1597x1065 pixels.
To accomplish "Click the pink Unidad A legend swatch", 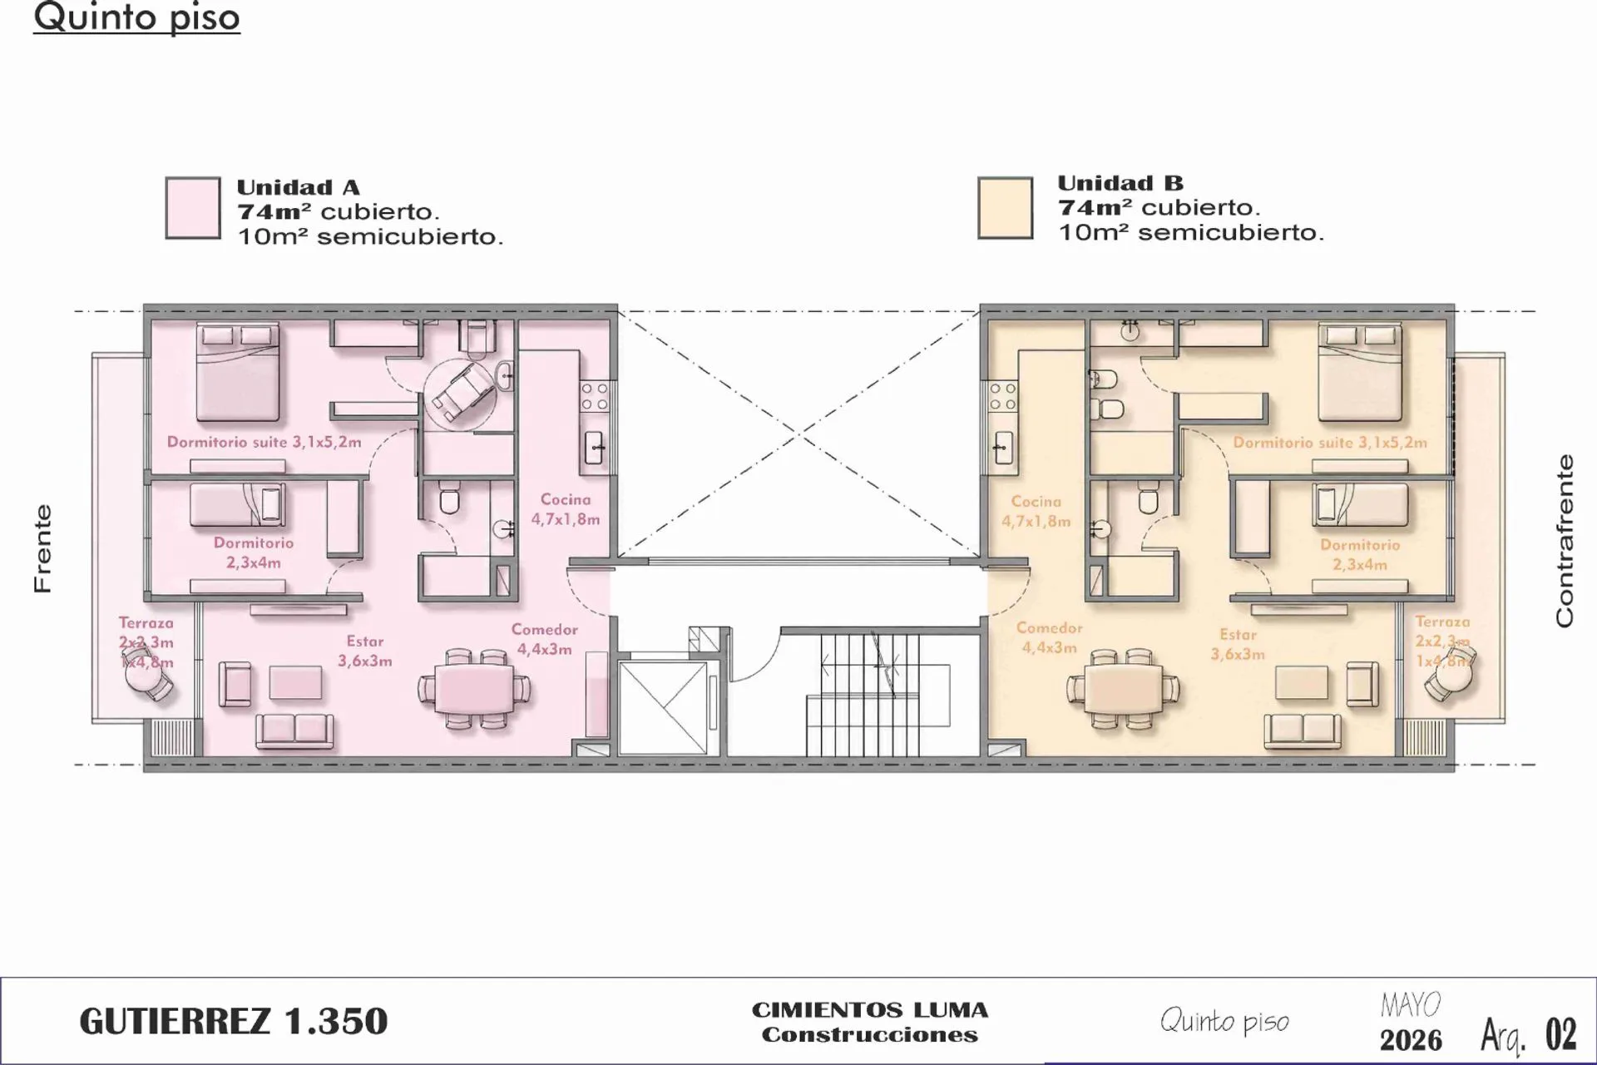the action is tap(193, 208).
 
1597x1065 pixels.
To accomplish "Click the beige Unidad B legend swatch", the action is tap(1005, 208).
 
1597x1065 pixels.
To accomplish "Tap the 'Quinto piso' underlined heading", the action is tap(136, 17).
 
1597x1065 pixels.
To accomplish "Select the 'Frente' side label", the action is tap(42, 548).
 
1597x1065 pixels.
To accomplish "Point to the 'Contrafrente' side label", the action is tap(1565, 541).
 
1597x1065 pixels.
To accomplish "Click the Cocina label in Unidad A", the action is tap(566, 509).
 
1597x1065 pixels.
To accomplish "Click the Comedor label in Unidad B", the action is tap(1050, 637).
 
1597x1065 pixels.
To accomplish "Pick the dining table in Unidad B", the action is tap(1122, 690).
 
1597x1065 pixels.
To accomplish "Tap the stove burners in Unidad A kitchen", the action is tap(596, 396).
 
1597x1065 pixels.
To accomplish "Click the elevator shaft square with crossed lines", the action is tap(663, 708).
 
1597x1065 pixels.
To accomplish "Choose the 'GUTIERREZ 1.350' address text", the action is tap(234, 1022).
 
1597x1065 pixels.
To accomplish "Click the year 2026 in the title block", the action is tap(1411, 1040).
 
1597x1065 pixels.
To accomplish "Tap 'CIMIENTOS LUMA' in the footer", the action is tap(870, 1010).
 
